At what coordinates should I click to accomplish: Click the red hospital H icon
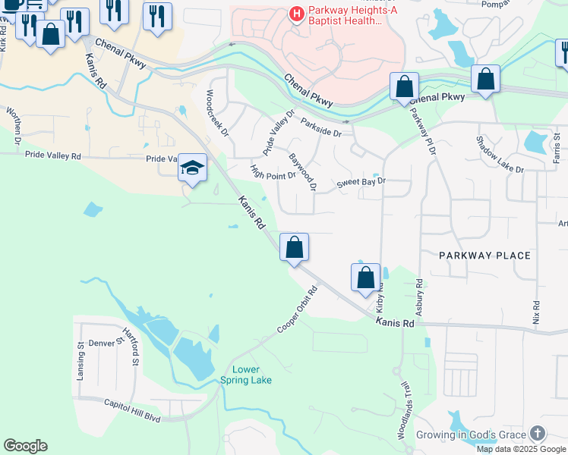click(295, 14)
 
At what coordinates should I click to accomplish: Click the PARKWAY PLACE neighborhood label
click(484, 256)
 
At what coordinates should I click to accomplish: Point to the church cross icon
click(537, 433)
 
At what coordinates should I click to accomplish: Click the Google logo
click(25, 446)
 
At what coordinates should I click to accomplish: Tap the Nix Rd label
click(536, 312)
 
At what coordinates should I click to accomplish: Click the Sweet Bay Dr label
click(361, 182)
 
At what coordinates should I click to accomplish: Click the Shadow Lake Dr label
click(500, 155)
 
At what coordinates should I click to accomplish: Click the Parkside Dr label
click(321, 127)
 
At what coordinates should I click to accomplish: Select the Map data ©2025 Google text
click(521, 449)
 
